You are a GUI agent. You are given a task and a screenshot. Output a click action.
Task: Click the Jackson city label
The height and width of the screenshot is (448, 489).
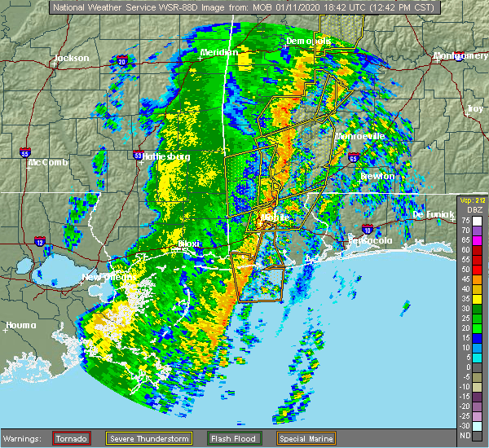[71, 58]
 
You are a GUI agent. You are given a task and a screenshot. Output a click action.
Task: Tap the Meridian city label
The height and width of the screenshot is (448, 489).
[218, 53]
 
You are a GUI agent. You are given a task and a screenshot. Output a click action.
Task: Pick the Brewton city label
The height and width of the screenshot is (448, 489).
[377, 176]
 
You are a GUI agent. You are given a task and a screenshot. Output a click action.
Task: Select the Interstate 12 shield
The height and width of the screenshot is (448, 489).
[38, 242]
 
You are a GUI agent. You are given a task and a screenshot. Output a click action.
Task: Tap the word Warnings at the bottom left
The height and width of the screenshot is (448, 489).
[26, 437]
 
